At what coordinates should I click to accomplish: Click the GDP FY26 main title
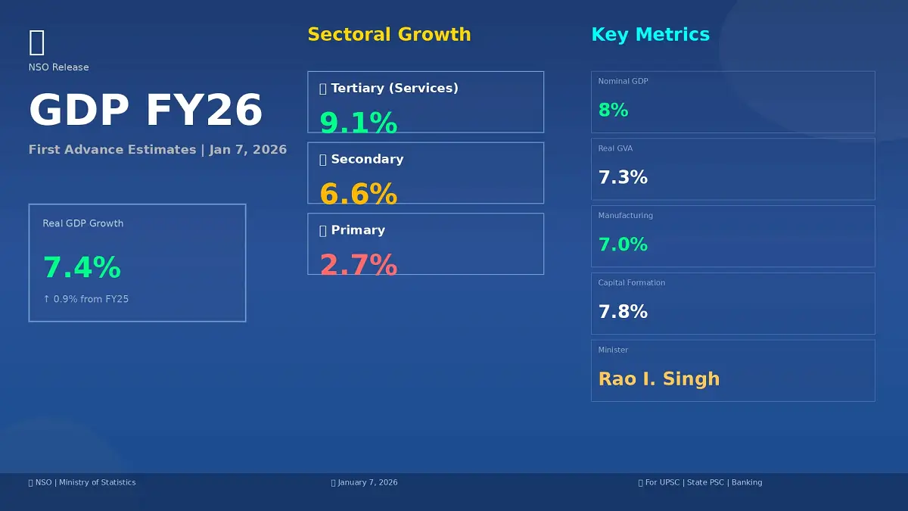point(145,111)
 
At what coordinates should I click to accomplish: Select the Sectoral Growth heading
point(389,35)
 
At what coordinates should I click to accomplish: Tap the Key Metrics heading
point(650,35)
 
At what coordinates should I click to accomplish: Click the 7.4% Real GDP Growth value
point(82,268)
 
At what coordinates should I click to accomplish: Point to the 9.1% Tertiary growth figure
point(358,123)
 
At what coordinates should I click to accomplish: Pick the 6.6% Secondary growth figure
point(358,195)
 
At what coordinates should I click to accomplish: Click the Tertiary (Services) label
point(393,89)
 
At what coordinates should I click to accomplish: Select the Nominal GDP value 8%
point(613,111)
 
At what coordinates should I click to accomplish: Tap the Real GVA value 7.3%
point(623,178)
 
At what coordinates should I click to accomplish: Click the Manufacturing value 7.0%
point(623,245)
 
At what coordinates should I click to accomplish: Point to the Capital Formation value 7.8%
point(623,312)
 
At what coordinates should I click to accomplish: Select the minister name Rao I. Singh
point(659,379)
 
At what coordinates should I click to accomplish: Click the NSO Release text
point(58,67)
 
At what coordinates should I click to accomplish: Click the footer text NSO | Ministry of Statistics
point(85,482)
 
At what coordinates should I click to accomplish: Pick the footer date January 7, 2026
point(367,482)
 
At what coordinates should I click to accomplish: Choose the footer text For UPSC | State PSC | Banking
point(703,482)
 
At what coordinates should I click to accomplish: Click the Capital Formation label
point(632,283)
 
